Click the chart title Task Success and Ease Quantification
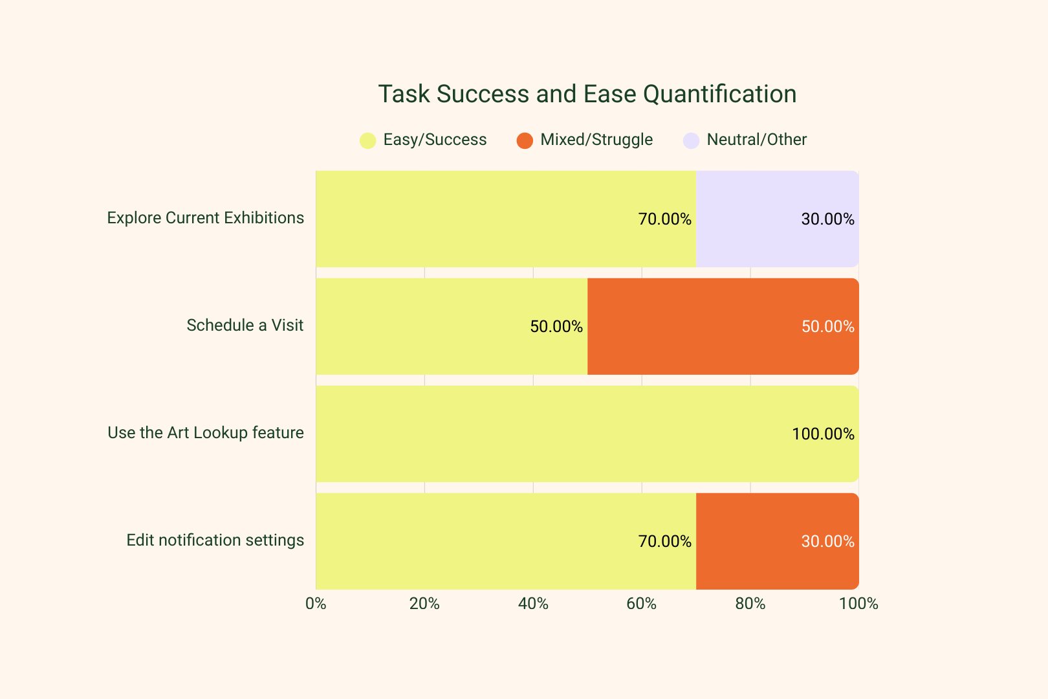587,94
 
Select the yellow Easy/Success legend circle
367,140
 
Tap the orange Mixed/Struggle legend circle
525,140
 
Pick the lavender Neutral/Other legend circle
691,140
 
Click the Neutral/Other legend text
756,140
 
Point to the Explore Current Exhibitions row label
205,218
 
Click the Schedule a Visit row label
245,326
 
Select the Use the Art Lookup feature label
205,433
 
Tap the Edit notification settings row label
215,540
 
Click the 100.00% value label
823,434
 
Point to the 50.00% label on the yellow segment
556,326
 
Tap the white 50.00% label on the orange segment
827,326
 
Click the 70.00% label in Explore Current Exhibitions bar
664,219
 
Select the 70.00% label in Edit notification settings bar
664,541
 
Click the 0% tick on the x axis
316,604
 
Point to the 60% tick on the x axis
642,604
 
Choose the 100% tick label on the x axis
858,604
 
